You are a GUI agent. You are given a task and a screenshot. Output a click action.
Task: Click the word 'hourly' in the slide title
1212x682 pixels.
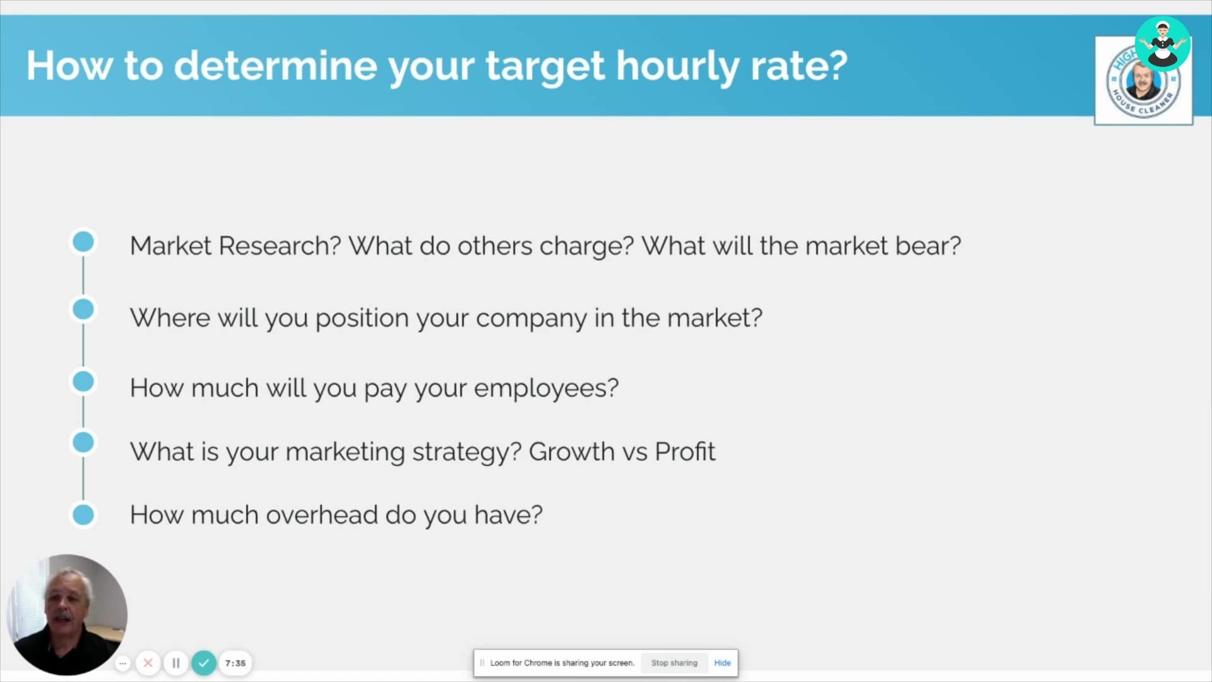[677, 66]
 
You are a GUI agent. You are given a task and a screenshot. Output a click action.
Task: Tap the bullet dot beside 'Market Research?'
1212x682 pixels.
[83, 242]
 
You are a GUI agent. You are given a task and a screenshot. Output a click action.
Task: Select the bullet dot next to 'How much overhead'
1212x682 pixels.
[83, 515]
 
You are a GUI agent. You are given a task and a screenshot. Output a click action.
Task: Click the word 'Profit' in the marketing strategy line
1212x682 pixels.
[685, 452]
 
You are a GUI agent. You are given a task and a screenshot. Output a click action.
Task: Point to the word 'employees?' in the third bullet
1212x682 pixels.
[546, 388]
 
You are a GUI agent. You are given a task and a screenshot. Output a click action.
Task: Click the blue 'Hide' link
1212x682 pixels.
[722, 663]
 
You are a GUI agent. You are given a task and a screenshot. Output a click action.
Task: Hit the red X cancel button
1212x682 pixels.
[148, 663]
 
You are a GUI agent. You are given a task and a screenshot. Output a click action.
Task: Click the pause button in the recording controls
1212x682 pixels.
[176, 663]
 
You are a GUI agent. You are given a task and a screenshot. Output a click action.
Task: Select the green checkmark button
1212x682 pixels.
[204, 663]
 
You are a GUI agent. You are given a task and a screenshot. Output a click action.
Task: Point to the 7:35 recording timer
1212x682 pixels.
[235, 663]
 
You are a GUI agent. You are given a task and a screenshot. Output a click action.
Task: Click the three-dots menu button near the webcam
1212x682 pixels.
[123, 663]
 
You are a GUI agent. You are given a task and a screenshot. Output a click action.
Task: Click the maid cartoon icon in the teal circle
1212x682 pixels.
[1163, 44]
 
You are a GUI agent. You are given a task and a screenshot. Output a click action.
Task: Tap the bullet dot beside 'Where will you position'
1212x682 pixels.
[83, 309]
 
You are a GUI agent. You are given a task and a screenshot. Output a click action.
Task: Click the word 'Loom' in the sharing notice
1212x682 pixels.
[500, 663]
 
